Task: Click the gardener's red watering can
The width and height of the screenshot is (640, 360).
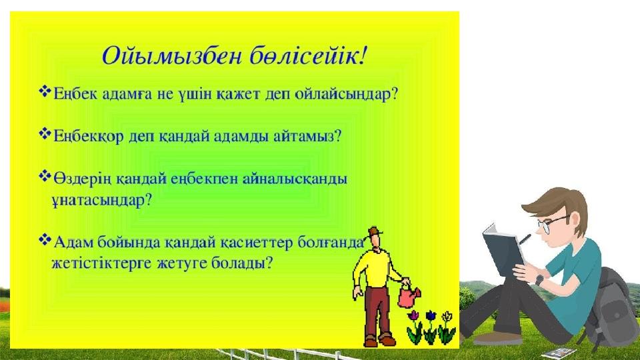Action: pyautogui.click(x=407, y=294)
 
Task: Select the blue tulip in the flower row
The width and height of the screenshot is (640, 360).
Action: pyautogui.click(x=431, y=317)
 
